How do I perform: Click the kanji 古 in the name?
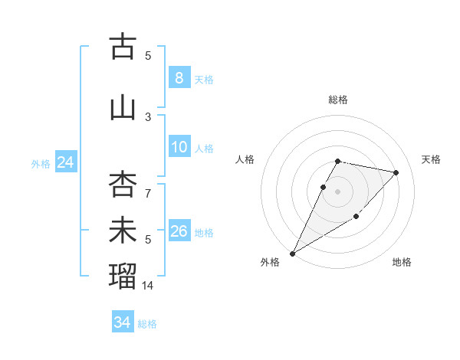[123, 47]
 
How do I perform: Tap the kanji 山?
[123, 108]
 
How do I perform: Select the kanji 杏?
[123, 185]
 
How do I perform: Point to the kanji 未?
[123, 231]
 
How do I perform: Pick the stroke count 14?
[149, 285]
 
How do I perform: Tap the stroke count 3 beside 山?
[149, 117]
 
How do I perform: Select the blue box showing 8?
[179, 78]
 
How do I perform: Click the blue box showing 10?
[179, 147]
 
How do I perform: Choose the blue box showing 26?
[179, 231]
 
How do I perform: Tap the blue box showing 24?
[65, 162]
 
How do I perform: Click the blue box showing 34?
[122, 322]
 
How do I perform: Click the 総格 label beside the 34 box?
[147, 324]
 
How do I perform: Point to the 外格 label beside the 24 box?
[41, 164]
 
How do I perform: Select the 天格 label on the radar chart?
[431, 159]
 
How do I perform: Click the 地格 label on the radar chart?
[402, 263]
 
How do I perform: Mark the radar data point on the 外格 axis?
[292, 253]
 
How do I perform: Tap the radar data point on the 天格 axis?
[396, 172]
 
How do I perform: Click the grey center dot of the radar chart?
[337, 191]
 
